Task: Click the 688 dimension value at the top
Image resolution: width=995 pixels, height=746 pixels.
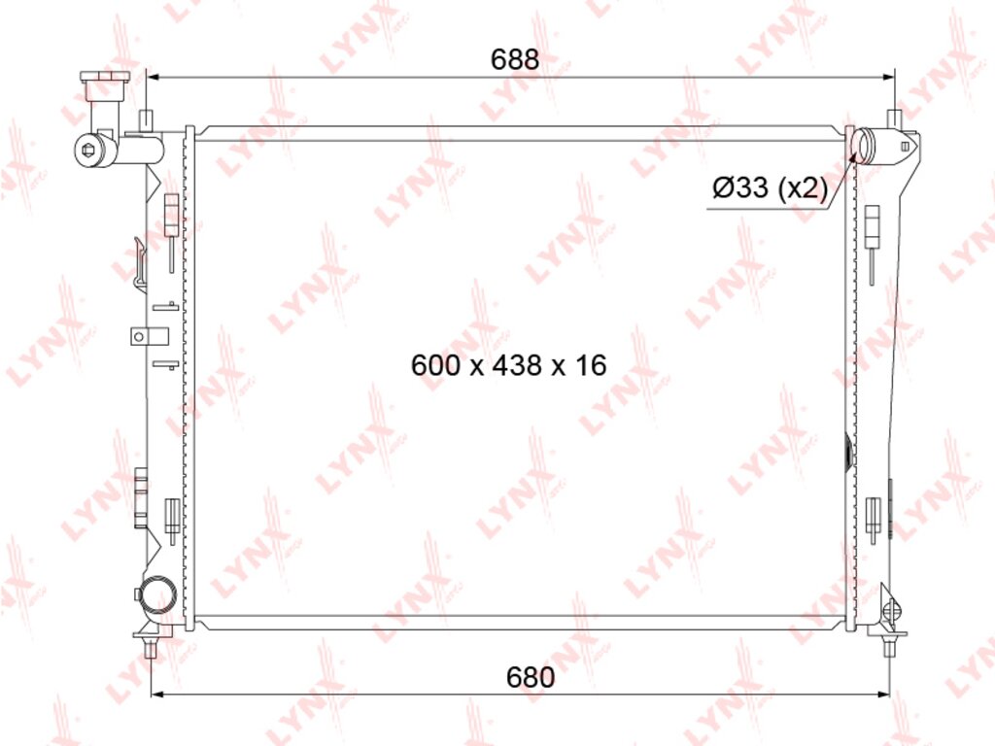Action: [x=515, y=59]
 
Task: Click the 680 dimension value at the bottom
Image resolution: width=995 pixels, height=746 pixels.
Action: [x=531, y=677]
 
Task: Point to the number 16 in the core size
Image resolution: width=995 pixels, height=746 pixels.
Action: [x=591, y=365]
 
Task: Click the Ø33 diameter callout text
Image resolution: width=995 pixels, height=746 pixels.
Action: [x=739, y=187]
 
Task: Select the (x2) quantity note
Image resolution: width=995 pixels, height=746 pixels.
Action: [x=803, y=187]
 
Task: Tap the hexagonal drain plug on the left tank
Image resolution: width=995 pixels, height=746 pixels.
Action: [x=88, y=150]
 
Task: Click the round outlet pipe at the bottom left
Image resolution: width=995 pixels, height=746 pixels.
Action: [x=158, y=594]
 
